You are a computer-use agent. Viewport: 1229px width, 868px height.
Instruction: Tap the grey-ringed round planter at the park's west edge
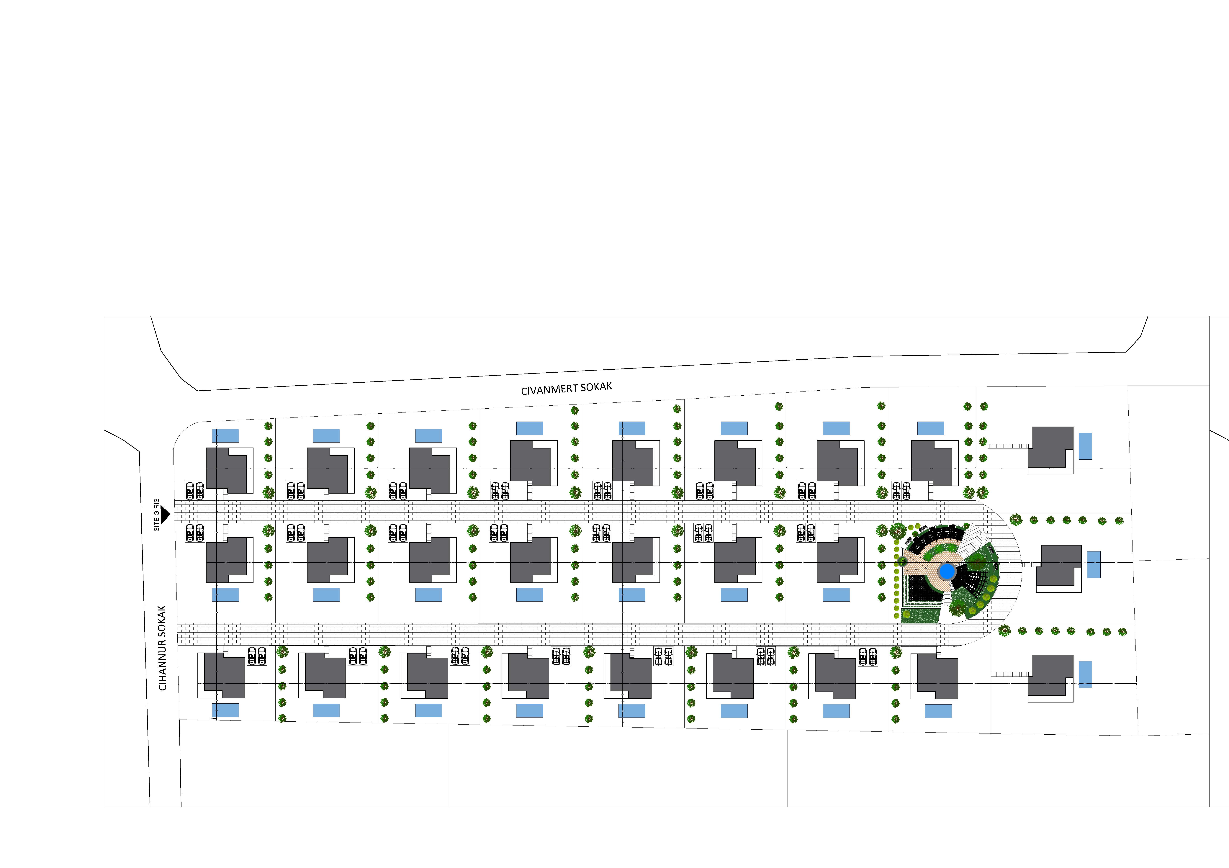tap(902, 561)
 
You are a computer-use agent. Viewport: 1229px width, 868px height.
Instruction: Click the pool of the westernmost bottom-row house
tap(225, 710)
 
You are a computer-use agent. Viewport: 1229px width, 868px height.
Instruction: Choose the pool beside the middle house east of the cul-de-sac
tap(1094, 565)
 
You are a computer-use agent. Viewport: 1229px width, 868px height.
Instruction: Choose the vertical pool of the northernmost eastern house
tap(1085, 446)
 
